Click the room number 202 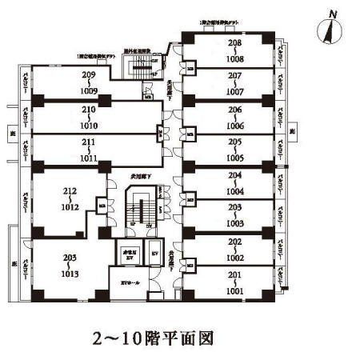(234, 241)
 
